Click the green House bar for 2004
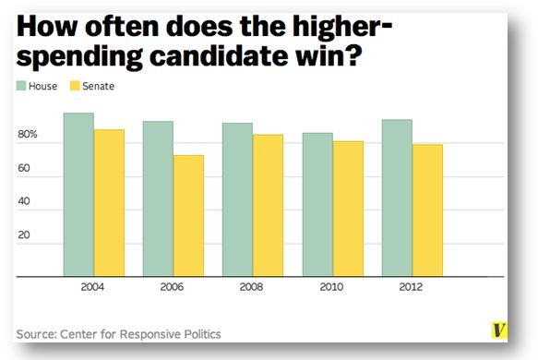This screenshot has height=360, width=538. (x=78, y=195)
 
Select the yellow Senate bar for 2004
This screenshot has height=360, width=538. (x=109, y=203)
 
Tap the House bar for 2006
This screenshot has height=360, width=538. (x=158, y=198)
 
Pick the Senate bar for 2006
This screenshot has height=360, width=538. (x=188, y=216)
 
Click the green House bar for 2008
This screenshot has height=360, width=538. (x=237, y=199)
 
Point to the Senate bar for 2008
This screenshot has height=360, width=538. (x=268, y=205)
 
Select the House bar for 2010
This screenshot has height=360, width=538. (x=317, y=204)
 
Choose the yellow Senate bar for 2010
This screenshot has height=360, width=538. (x=348, y=209)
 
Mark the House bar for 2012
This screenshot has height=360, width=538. (x=397, y=198)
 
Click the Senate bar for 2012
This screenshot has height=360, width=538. (x=427, y=210)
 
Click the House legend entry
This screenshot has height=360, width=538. (x=37, y=86)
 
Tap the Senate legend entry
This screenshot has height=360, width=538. (x=92, y=86)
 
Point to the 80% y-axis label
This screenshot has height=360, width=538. (x=28, y=136)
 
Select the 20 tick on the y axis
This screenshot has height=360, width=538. (x=26, y=234)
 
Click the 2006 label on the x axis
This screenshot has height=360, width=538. (x=173, y=287)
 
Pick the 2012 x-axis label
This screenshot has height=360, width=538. (x=412, y=287)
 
